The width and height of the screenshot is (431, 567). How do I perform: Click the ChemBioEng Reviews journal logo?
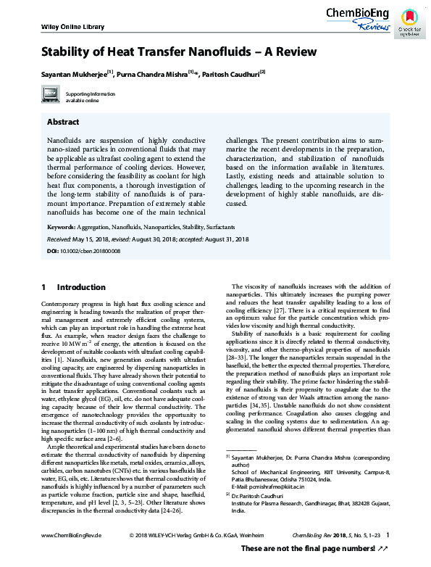(x=359, y=17)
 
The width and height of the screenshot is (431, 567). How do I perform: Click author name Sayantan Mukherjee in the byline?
(x=72, y=73)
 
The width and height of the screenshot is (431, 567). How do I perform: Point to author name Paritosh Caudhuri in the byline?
(x=230, y=73)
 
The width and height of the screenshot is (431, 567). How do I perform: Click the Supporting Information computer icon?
(x=50, y=95)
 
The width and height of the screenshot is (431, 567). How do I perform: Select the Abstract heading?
(x=63, y=122)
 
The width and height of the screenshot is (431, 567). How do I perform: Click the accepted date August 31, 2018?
(x=228, y=239)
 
